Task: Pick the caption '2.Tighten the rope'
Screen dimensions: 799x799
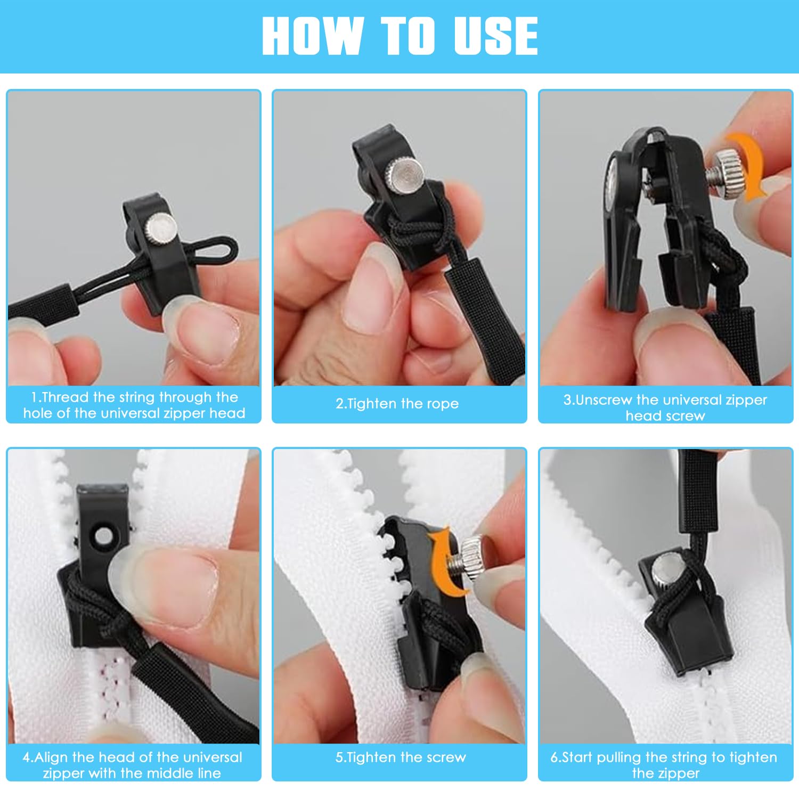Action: click(x=397, y=404)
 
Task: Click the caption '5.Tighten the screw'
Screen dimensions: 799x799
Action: click(x=401, y=757)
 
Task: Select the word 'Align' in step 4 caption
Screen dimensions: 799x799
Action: click(x=51, y=757)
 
